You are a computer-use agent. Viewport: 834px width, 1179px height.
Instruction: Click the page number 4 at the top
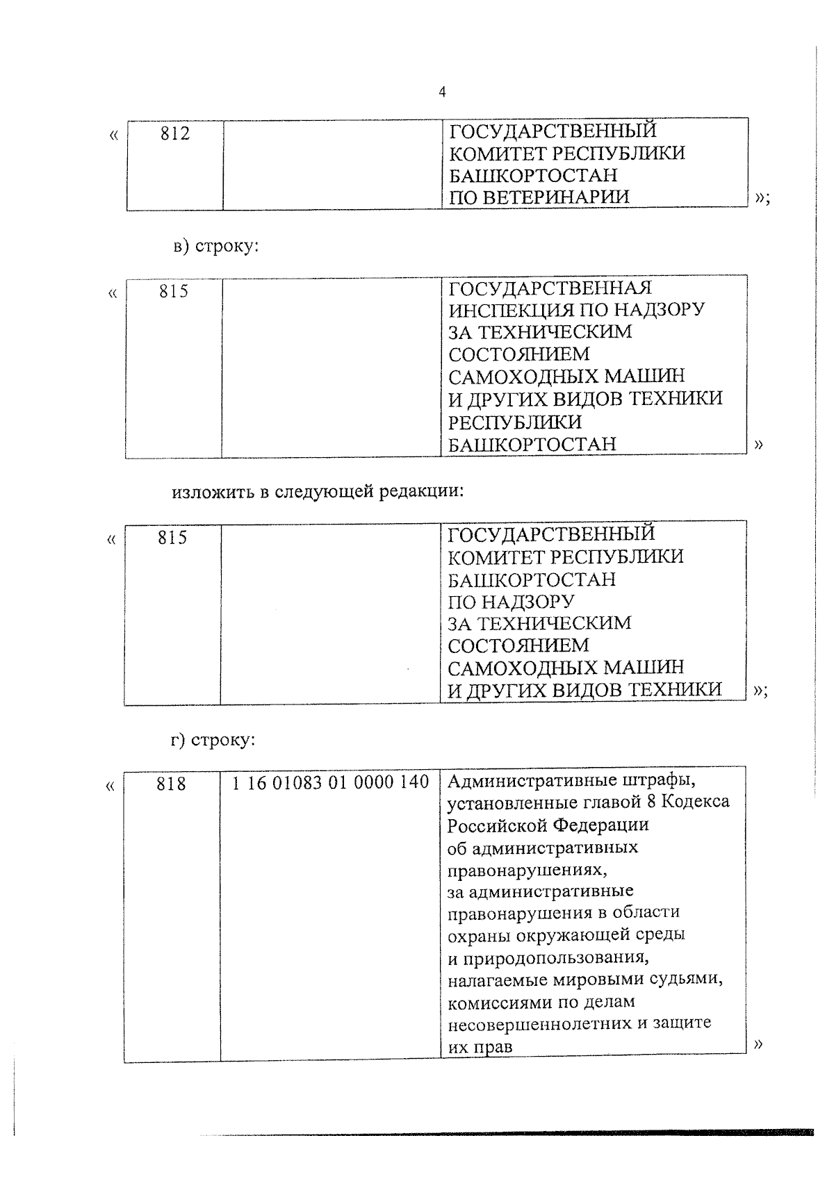click(442, 92)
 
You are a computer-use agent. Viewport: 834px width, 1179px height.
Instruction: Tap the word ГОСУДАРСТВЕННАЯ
click(550, 288)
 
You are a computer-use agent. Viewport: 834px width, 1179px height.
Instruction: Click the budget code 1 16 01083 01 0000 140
click(330, 783)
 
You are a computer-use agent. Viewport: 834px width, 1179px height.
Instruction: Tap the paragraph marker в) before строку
click(181, 247)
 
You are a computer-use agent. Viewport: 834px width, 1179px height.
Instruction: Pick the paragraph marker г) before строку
click(179, 741)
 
